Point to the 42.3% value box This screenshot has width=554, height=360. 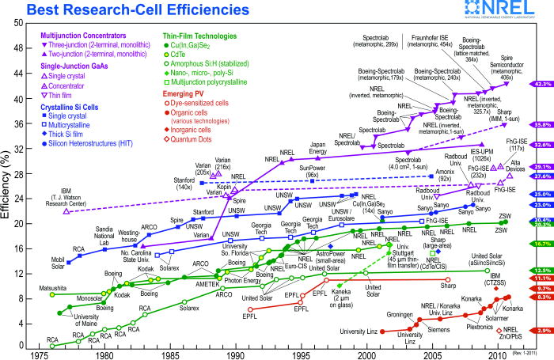[542, 83]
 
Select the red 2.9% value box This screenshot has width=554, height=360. [542, 330]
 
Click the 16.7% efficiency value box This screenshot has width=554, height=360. [542, 244]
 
